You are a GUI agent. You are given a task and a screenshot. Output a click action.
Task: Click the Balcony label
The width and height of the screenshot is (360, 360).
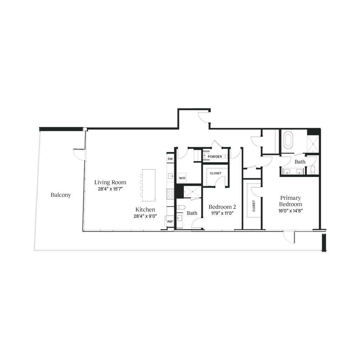coord(61,195)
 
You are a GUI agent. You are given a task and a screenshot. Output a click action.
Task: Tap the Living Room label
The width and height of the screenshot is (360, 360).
coord(110,182)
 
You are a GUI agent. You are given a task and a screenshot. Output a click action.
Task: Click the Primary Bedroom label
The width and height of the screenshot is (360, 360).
coord(290,201)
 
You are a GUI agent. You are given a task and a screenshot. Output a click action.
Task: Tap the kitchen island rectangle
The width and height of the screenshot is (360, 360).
coord(148,183)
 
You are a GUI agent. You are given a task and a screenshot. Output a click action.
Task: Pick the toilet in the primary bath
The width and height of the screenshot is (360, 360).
coord(313,170)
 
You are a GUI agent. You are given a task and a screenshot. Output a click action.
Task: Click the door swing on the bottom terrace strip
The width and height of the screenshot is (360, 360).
coord(288,239)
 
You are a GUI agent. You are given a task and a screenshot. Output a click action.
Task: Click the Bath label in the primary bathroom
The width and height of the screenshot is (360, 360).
coord(299,162)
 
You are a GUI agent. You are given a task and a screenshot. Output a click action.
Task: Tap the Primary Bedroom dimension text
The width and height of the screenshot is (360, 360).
coord(290,211)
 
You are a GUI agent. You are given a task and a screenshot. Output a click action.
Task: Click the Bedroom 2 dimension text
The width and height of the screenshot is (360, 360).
coord(221,213)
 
